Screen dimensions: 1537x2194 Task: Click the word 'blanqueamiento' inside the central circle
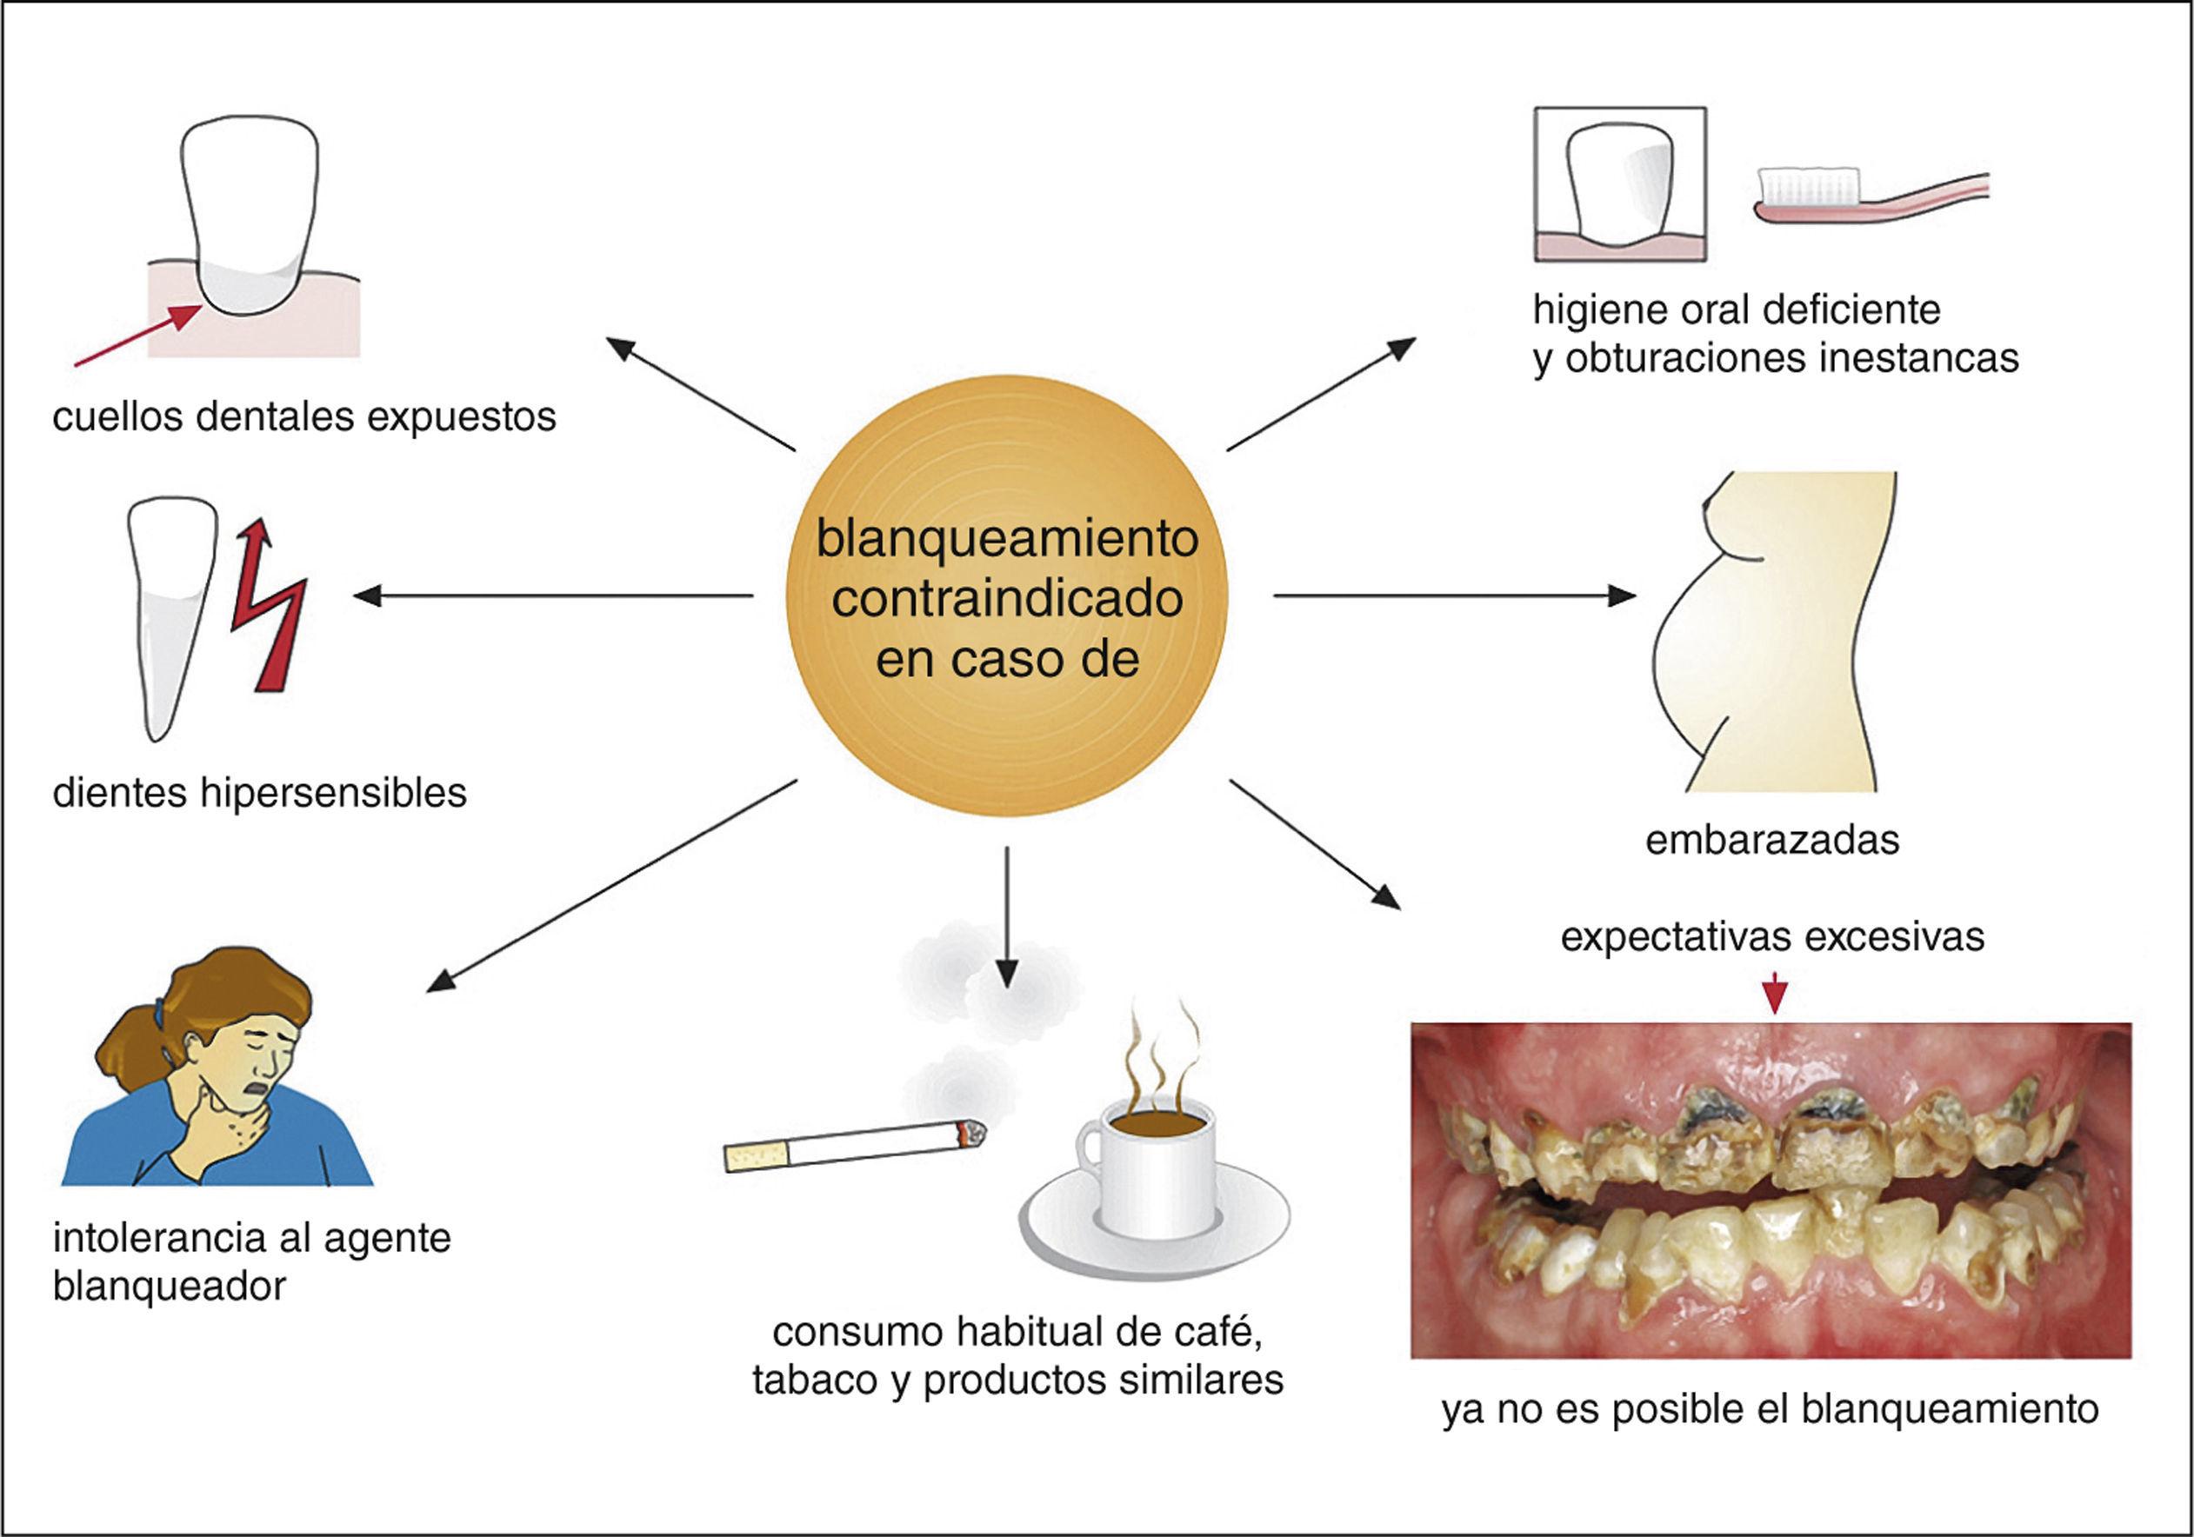pos(1007,540)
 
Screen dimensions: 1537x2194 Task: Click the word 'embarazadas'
pos(1772,841)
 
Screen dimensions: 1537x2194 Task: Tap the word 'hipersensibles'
pos(334,793)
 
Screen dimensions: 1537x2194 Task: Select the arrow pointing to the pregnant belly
pos(1452,596)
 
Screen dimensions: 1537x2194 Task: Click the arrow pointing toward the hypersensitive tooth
pos(554,596)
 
